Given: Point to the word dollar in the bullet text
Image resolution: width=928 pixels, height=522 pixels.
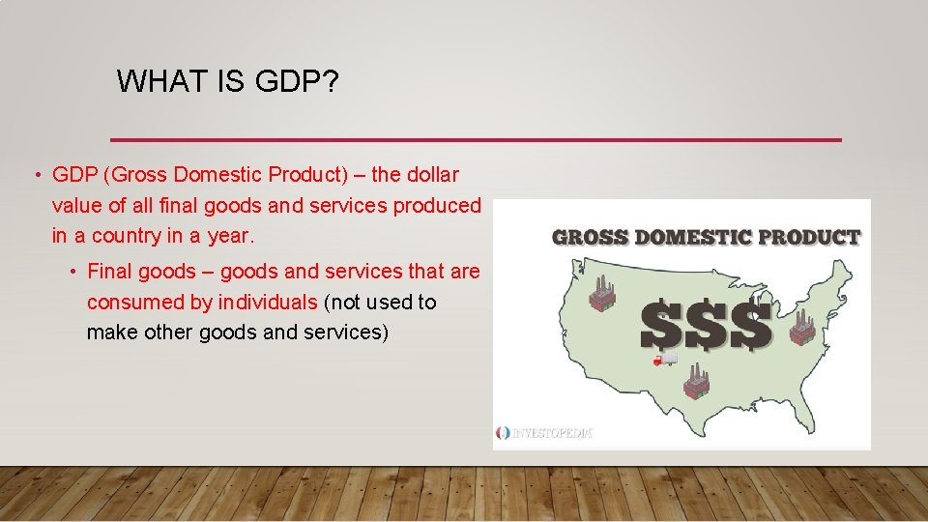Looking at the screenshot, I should point(430,175).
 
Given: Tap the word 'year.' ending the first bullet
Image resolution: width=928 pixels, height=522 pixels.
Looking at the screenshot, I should point(231,235).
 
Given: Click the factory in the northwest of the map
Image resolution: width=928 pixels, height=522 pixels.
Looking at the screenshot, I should point(603,294).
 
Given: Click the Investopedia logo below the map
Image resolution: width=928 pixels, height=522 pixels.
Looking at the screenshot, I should point(544,433).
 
